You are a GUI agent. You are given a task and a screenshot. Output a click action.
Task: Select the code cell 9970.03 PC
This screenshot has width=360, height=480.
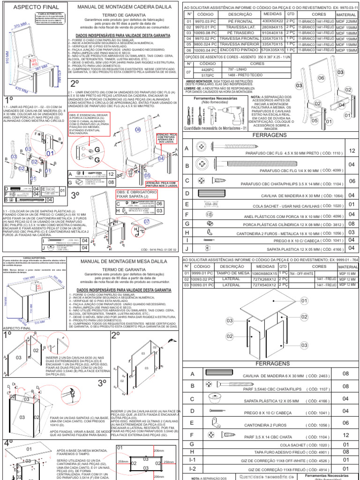point(205,21)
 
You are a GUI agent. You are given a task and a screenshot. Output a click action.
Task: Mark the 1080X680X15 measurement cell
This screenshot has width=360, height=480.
point(265,273)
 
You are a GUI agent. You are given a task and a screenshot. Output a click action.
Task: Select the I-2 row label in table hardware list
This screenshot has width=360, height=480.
point(192,468)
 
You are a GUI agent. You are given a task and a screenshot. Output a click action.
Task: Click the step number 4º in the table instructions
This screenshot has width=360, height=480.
point(8,442)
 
